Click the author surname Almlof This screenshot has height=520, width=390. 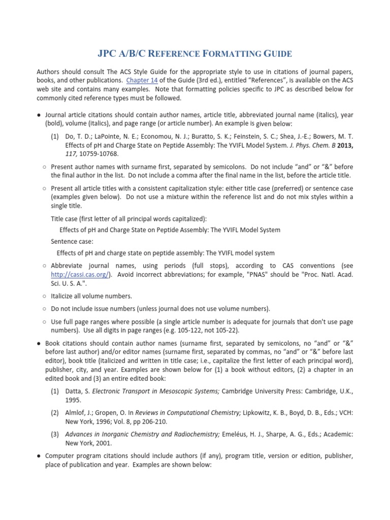click(x=77, y=412)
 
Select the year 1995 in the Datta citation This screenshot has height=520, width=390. click(x=73, y=401)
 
